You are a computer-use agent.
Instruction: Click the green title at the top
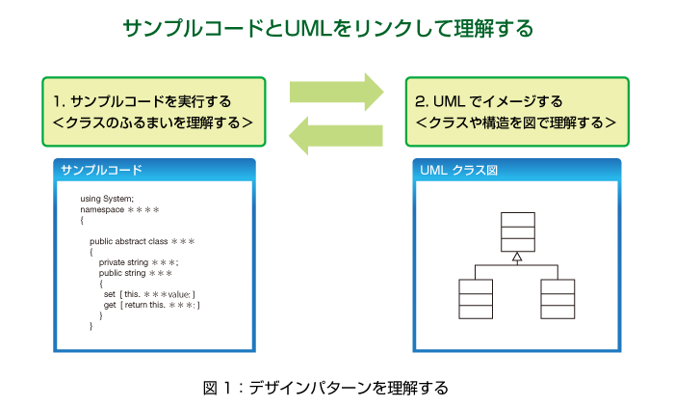(x=328, y=28)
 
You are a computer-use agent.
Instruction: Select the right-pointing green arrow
(x=337, y=92)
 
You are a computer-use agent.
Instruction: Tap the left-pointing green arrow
(x=336, y=136)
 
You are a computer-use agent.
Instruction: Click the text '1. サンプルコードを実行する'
(x=143, y=101)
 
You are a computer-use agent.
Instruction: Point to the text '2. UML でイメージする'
(x=489, y=101)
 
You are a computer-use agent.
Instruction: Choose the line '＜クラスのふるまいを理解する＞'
(x=152, y=122)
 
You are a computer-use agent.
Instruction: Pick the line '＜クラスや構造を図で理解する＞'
(x=516, y=122)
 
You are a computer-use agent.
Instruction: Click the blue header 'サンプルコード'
(x=101, y=170)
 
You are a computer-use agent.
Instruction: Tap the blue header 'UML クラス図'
(x=458, y=170)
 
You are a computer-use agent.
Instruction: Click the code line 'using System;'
(x=107, y=199)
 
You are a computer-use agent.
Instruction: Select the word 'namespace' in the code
(x=102, y=209)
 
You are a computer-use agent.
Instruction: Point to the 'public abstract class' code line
(x=143, y=241)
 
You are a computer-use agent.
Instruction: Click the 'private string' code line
(x=139, y=262)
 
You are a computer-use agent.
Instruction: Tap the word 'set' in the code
(x=110, y=294)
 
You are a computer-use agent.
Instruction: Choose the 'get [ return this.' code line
(x=152, y=305)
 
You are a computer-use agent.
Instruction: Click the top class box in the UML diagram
(x=518, y=231)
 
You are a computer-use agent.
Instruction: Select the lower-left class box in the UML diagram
(x=476, y=299)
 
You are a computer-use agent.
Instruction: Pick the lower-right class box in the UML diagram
(x=557, y=299)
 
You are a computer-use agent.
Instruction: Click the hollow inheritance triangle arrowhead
(x=518, y=258)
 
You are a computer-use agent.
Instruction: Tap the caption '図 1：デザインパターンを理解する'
(x=325, y=388)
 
